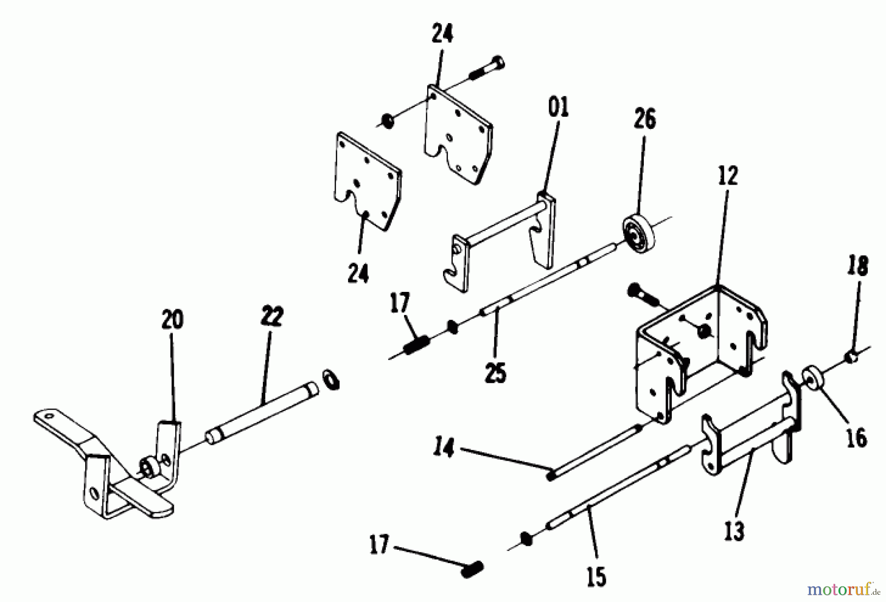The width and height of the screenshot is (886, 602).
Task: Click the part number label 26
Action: click(645, 120)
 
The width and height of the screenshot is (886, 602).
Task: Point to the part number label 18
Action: click(858, 266)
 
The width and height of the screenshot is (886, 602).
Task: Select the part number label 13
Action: click(734, 531)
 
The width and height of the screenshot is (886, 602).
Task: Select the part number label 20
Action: click(172, 319)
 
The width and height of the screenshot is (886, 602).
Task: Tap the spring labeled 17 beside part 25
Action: click(418, 344)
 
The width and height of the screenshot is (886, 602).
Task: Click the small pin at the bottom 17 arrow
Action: click(472, 571)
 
